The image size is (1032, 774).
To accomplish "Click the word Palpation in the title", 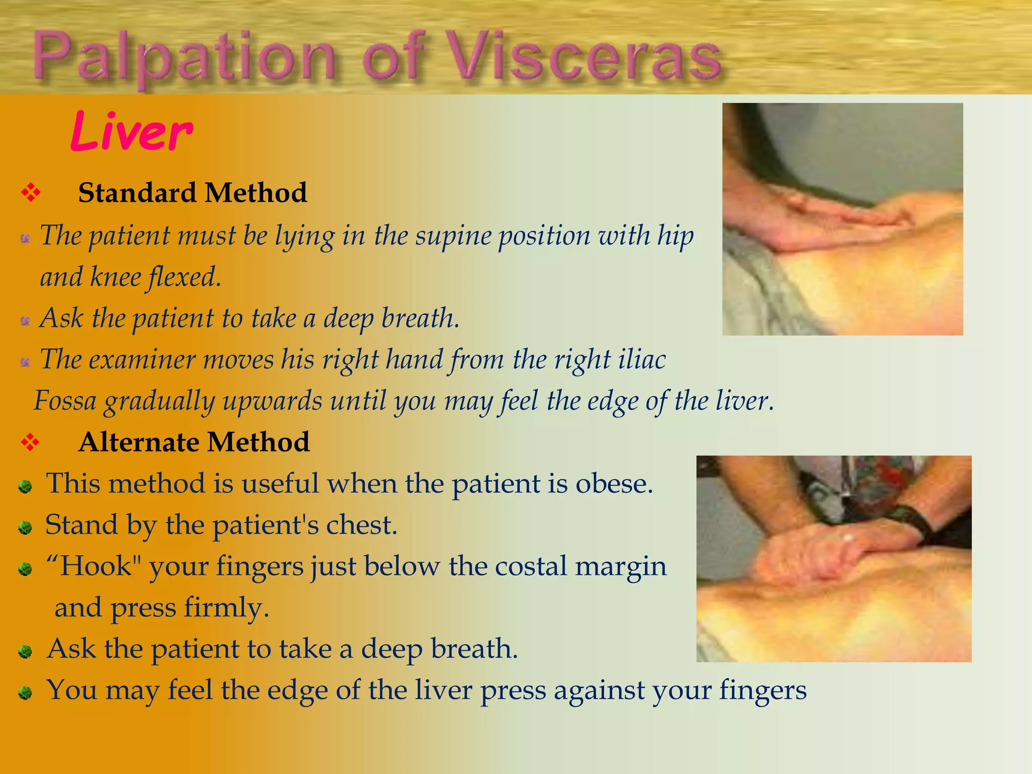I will [x=184, y=58].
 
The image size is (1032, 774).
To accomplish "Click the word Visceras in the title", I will [x=585, y=56].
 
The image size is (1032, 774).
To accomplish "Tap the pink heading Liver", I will [x=132, y=132].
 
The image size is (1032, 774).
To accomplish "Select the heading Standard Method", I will [x=192, y=193].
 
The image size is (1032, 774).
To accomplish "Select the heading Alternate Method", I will [x=194, y=442].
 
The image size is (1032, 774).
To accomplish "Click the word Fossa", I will [x=65, y=402].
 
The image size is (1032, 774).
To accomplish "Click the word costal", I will [x=531, y=566].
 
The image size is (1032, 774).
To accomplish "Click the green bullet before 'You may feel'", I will [x=25, y=693].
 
